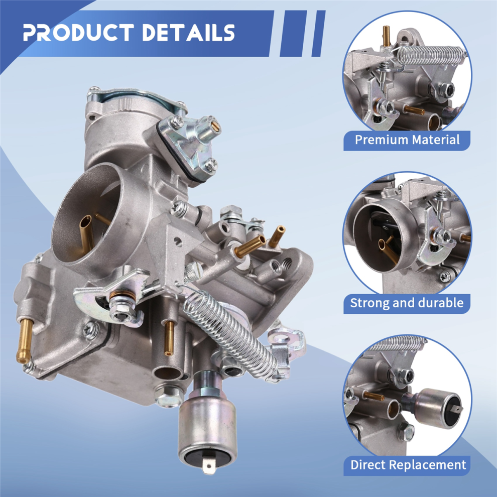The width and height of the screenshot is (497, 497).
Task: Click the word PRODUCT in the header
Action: pos(78,32)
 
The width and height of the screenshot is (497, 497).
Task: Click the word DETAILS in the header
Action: pos(189,32)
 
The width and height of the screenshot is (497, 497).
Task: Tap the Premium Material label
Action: pos(407,140)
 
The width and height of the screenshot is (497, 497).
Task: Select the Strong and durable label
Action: pos(407,303)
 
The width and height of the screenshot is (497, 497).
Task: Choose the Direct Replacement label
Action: pos(408,465)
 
